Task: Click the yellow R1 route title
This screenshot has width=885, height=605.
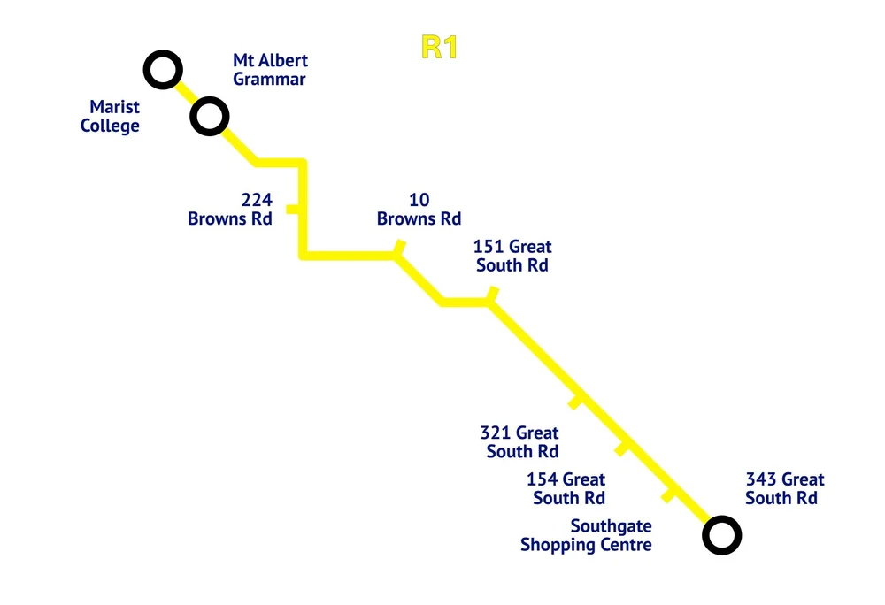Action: point(439,48)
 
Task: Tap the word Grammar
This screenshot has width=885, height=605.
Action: point(269,80)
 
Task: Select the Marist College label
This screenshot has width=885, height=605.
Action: point(110,116)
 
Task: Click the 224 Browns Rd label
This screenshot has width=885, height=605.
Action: point(230,209)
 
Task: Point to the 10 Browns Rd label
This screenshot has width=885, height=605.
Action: point(419,209)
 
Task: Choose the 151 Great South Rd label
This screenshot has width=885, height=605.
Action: point(512,256)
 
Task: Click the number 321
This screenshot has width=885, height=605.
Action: point(495,433)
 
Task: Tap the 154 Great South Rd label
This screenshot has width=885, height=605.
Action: point(566,488)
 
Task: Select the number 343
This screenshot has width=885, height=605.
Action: point(761,479)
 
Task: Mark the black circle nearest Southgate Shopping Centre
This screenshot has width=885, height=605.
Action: point(722,535)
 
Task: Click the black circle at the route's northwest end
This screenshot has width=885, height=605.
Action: point(163,70)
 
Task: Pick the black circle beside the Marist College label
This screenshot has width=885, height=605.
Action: point(210,116)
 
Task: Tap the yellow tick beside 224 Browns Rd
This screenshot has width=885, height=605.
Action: point(292,209)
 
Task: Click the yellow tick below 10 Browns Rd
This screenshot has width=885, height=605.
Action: point(400,247)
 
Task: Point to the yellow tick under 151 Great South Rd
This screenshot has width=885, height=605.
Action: point(493,294)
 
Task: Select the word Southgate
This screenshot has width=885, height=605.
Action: point(612,526)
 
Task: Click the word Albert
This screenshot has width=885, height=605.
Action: point(286,60)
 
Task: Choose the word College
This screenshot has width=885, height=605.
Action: point(110,126)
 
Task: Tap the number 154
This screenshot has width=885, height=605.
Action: point(542,479)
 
